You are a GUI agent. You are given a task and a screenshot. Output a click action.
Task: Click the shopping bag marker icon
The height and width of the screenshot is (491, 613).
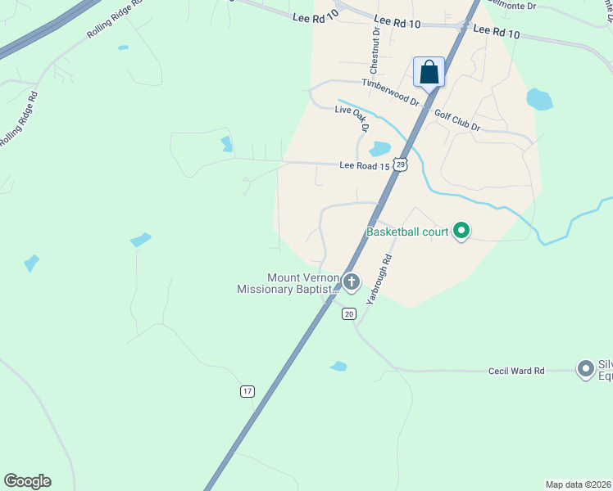pyautogui.click(x=429, y=73)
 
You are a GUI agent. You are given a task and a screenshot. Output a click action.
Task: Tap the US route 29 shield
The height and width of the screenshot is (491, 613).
pyautogui.click(x=400, y=164)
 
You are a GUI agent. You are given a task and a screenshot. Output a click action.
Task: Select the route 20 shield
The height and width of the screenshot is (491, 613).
pyautogui.click(x=349, y=313)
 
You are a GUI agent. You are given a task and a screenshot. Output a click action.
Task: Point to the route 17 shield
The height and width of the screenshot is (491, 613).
pyautogui.click(x=247, y=391)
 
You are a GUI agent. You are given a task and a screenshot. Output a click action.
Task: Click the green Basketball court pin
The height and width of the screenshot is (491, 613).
pyautogui.click(x=461, y=232)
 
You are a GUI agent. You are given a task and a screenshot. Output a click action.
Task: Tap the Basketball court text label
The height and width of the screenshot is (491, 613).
pyautogui.click(x=407, y=232)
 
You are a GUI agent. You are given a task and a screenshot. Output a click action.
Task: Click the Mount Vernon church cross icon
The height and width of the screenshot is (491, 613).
pyautogui.click(x=351, y=283)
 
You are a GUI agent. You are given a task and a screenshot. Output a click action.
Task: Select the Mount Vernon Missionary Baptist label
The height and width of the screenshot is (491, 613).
pyautogui.click(x=288, y=284)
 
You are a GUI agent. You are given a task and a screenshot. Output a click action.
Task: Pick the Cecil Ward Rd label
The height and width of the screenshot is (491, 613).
pyautogui.click(x=516, y=371)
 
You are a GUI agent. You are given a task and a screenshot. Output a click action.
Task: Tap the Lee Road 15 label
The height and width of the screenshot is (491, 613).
pyautogui.click(x=363, y=165)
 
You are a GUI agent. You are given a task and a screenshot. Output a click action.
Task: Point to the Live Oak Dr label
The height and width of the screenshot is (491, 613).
pyautogui.click(x=353, y=119)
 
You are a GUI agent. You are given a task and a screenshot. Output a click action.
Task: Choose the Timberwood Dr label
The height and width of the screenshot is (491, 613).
pyautogui.click(x=391, y=92)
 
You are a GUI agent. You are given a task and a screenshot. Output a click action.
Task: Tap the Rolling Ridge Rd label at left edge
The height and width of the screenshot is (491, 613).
pyautogui.click(x=19, y=119)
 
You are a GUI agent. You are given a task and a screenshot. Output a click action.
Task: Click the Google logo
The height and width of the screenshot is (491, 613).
pyautogui.click(x=27, y=481)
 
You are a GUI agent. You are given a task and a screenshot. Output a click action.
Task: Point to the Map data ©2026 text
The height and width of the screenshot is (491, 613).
pyautogui.click(x=578, y=484)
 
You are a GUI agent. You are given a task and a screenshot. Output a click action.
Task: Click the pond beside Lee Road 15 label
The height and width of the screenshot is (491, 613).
pyautogui.click(x=379, y=149)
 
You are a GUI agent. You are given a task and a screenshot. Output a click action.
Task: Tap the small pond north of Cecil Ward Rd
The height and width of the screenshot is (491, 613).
pyautogui.click(x=338, y=366)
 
